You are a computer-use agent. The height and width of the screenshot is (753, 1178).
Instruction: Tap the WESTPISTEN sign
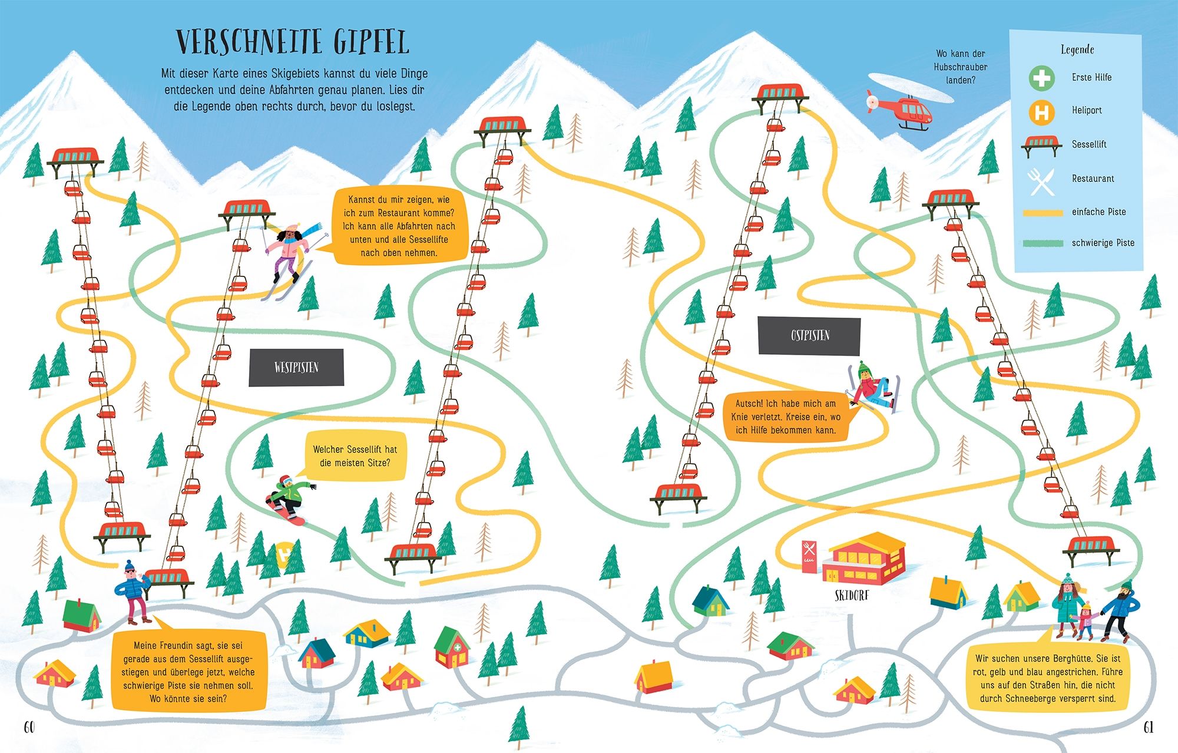tap(296, 367)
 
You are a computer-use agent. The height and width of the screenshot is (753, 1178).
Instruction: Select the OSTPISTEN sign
tap(809, 335)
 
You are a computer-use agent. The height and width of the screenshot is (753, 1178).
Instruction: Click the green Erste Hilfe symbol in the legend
tap(1041, 78)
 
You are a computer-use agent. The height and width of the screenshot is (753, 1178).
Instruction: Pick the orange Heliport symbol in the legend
tap(1041, 111)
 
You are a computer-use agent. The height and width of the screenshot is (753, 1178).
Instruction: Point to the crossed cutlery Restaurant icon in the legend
tap(1041, 180)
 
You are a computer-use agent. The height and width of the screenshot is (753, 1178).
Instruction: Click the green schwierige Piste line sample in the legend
tap(1043, 243)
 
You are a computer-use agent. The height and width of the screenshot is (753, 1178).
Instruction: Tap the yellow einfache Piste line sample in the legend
tap(1043, 212)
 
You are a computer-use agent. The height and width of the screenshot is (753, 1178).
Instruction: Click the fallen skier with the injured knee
tap(871, 387)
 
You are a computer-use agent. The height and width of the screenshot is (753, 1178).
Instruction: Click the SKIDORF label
tap(852, 596)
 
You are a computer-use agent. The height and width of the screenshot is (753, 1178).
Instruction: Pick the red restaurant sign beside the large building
tap(809, 554)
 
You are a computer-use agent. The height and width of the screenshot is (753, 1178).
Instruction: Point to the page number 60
tap(29, 727)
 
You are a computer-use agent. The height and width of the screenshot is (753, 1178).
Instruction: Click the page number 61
tap(1148, 727)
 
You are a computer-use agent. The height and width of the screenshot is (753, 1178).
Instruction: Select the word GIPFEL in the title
tap(370, 42)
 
